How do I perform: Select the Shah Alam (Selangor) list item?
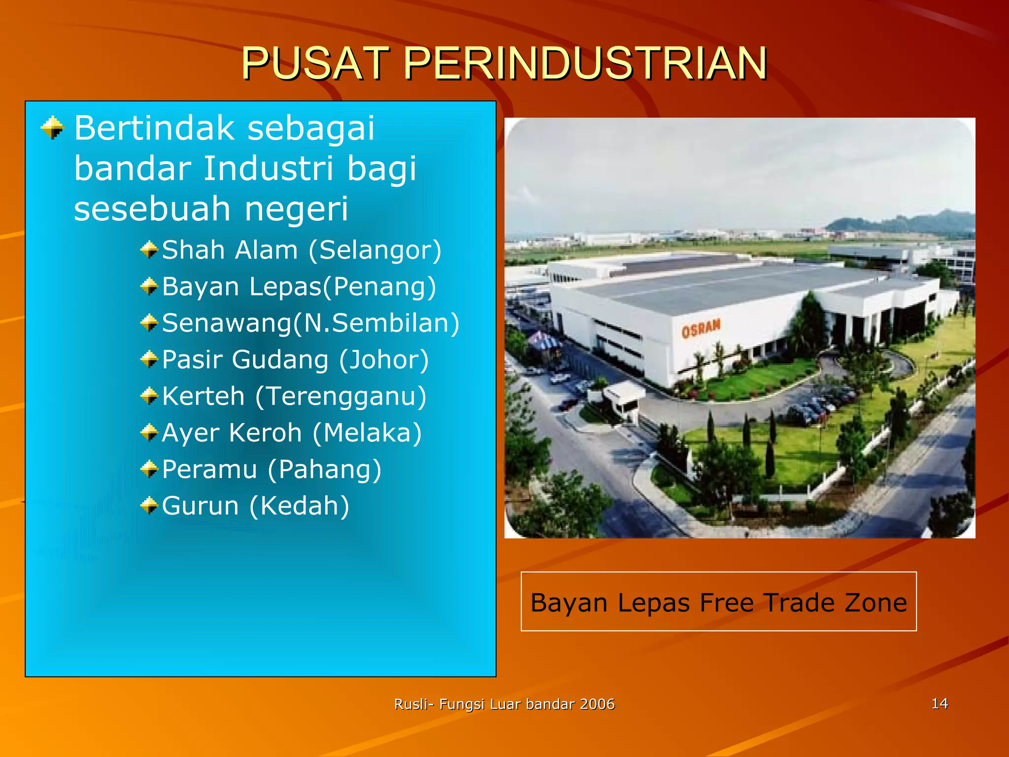tap(302, 250)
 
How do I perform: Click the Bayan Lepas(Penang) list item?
tap(299, 287)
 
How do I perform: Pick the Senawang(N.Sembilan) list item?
tap(310, 323)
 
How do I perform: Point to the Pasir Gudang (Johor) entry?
tap(295, 360)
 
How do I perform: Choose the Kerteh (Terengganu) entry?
tap(294, 396)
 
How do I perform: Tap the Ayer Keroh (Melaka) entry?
tap(292, 433)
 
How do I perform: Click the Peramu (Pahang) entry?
tap(271, 469)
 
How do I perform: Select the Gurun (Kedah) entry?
tap(255, 506)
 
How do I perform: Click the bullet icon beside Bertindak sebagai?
tap(53, 128)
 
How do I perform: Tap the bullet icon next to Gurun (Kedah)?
tap(149, 506)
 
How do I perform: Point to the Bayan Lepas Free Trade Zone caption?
tap(718, 602)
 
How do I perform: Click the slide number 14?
tap(940, 703)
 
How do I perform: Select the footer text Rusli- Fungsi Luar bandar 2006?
tap(504, 704)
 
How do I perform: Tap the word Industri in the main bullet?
tap(269, 168)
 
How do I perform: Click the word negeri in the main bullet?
tap(296, 208)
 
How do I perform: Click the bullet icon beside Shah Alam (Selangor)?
tap(149, 250)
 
